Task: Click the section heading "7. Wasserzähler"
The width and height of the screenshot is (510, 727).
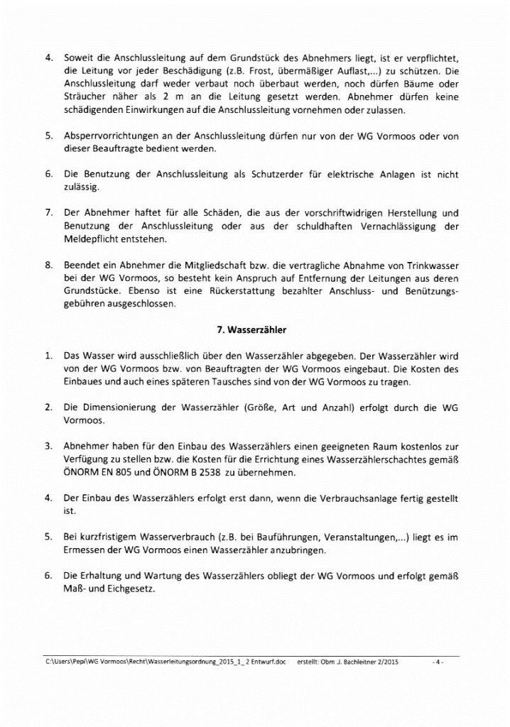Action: tap(254, 329)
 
